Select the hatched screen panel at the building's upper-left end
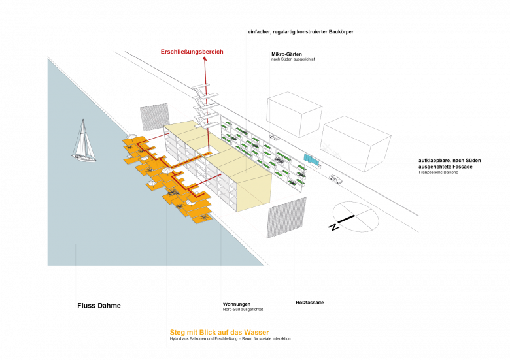155,119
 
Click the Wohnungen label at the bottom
235,305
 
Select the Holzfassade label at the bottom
307,304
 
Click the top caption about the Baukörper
301,31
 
